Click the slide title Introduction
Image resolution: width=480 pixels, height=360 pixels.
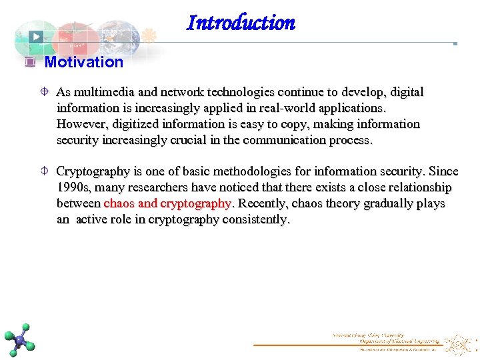pyautogui.click(x=241, y=23)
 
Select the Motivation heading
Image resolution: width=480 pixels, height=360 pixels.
pyautogui.click(x=83, y=62)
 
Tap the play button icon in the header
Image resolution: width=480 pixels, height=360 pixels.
pyautogui.click(x=36, y=37)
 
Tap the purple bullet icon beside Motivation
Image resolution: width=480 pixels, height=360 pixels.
pyautogui.click(x=29, y=62)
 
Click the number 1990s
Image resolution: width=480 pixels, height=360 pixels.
pyautogui.click(x=74, y=187)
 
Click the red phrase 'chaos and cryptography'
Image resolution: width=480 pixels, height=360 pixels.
pyautogui.click(x=167, y=203)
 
